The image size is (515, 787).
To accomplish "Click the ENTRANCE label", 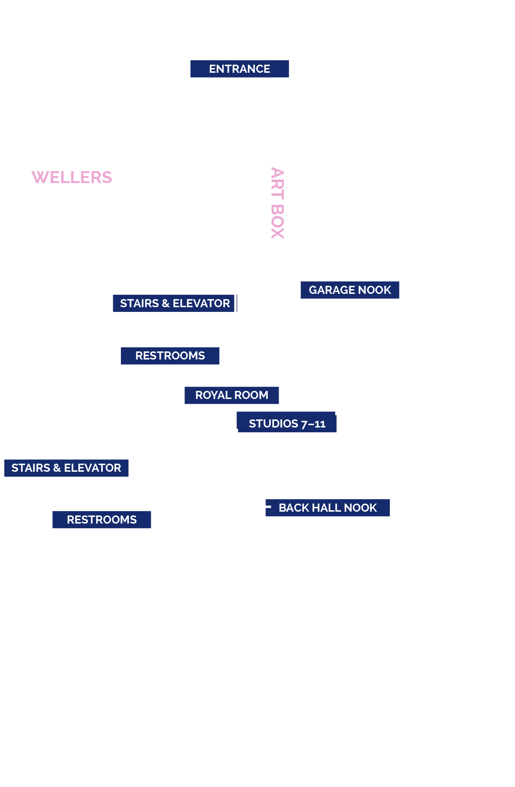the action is click(240, 69).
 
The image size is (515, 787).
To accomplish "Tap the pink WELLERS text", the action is click(72, 177).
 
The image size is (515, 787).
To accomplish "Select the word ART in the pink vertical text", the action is click(278, 183).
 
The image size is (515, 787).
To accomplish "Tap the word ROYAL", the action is click(213, 395).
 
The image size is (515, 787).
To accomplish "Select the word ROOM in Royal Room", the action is click(251, 395).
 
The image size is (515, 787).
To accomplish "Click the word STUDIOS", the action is click(273, 424).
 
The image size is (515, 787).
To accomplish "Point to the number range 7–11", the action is click(313, 424).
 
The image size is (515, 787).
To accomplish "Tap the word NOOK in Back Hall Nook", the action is click(360, 508).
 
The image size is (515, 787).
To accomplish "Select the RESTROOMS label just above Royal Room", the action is click(170, 356).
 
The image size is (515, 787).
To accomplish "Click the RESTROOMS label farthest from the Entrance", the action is click(102, 520).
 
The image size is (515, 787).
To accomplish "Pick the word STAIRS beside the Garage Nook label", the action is click(139, 303).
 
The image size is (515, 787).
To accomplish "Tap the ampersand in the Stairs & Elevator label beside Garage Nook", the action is click(166, 303).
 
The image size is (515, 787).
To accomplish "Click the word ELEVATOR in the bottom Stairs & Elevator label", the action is click(92, 468).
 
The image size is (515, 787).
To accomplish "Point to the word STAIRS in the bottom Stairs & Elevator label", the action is click(31, 468).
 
